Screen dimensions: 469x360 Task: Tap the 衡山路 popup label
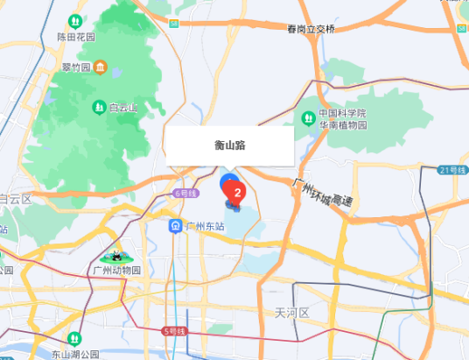pyautogui.click(x=230, y=145)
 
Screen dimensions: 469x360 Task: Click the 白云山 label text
pyautogui.click(x=123, y=108)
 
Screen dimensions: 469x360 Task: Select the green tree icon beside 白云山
pyautogui.click(x=99, y=108)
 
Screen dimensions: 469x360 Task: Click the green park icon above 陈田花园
pyautogui.click(x=73, y=20)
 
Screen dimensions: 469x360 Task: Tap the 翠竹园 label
pyautogui.click(x=76, y=67)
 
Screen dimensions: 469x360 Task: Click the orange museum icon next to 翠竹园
pyautogui.click(x=101, y=67)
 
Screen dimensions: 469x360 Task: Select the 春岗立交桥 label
pyautogui.click(x=311, y=29)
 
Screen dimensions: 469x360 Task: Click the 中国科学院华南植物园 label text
pyautogui.click(x=342, y=119)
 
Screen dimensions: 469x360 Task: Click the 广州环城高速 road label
pyautogui.click(x=323, y=192)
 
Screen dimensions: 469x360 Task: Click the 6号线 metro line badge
pyautogui.click(x=185, y=193)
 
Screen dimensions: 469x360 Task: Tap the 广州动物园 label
pyautogui.click(x=116, y=271)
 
